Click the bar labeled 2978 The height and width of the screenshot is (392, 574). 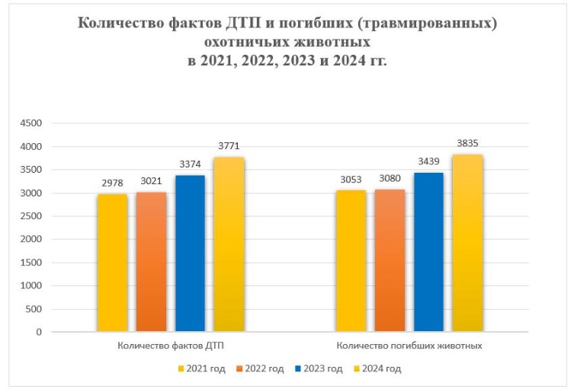pyautogui.click(x=112, y=263)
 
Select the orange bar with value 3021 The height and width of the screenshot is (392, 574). pyautogui.click(x=151, y=262)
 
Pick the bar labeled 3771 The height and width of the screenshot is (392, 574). pyautogui.click(x=229, y=244)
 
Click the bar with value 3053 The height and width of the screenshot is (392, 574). pyautogui.click(x=351, y=261)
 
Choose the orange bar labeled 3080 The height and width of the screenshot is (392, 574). pyautogui.click(x=390, y=260)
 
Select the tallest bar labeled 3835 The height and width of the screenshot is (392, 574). pyautogui.click(x=467, y=243)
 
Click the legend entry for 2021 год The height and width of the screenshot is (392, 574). pyautogui.click(x=200, y=369)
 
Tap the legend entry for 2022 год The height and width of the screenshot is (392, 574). pyautogui.click(x=259, y=369)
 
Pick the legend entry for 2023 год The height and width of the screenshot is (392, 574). pyautogui.click(x=317, y=369)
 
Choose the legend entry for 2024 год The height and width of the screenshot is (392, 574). pyautogui.click(x=375, y=369)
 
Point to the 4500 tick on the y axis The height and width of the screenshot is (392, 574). pyautogui.click(x=33, y=123)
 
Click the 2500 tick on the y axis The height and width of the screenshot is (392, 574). pyautogui.click(x=33, y=216)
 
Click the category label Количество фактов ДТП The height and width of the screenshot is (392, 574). pyautogui.click(x=170, y=346)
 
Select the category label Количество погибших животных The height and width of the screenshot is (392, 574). pyautogui.click(x=409, y=346)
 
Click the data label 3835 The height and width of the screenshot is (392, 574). pyautogui.click(x=467, y=144)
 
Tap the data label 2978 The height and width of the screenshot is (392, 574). pyautogui.click(x=112, y=183)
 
